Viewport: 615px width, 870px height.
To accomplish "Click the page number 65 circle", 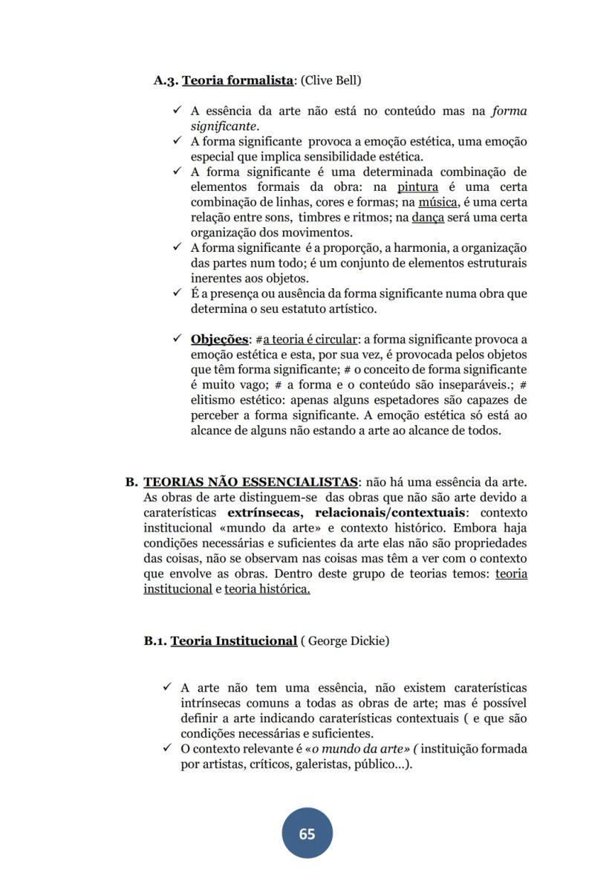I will pyautogui.click(x=307, y=834).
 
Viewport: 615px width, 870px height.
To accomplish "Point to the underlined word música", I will pyautogui.click(x=438, y=202).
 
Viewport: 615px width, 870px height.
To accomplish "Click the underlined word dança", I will pyautogui.click(x=428, y=218).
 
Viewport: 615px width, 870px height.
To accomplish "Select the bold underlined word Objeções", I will pyautogui.click(x=219, y=339).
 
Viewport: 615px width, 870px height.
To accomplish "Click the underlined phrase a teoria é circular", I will pyautogui.click(x=310, y=340).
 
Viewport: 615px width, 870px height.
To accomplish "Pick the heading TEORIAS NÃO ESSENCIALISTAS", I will pyautogui.click(x=250, y=482).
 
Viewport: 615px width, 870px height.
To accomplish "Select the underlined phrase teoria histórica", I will pyautogui.click(x=267, y=588).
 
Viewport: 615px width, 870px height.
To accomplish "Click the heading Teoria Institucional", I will pyautogui.click(x=234, y=640).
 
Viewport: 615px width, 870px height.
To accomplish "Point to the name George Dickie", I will pyautogui.click(x=345, y=640).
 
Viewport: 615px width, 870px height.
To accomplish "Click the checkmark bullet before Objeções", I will pyautogui.click(x=177, y=339).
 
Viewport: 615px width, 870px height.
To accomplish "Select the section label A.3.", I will pyautogui.click(x=166, y=79).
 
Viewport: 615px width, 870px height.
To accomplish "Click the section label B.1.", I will pyautogui.click(x=156, y=640).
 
